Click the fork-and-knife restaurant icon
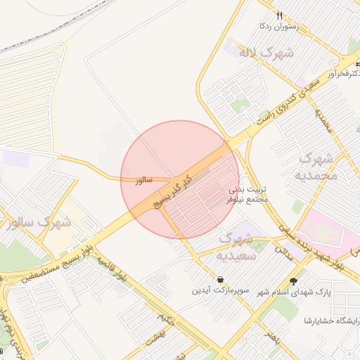(x=280, y=15)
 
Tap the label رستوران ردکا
(x=279, y=27)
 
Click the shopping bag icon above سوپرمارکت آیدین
(x=220, y=279)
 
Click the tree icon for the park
(x=303, y=280)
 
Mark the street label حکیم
(x=166, y=320)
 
